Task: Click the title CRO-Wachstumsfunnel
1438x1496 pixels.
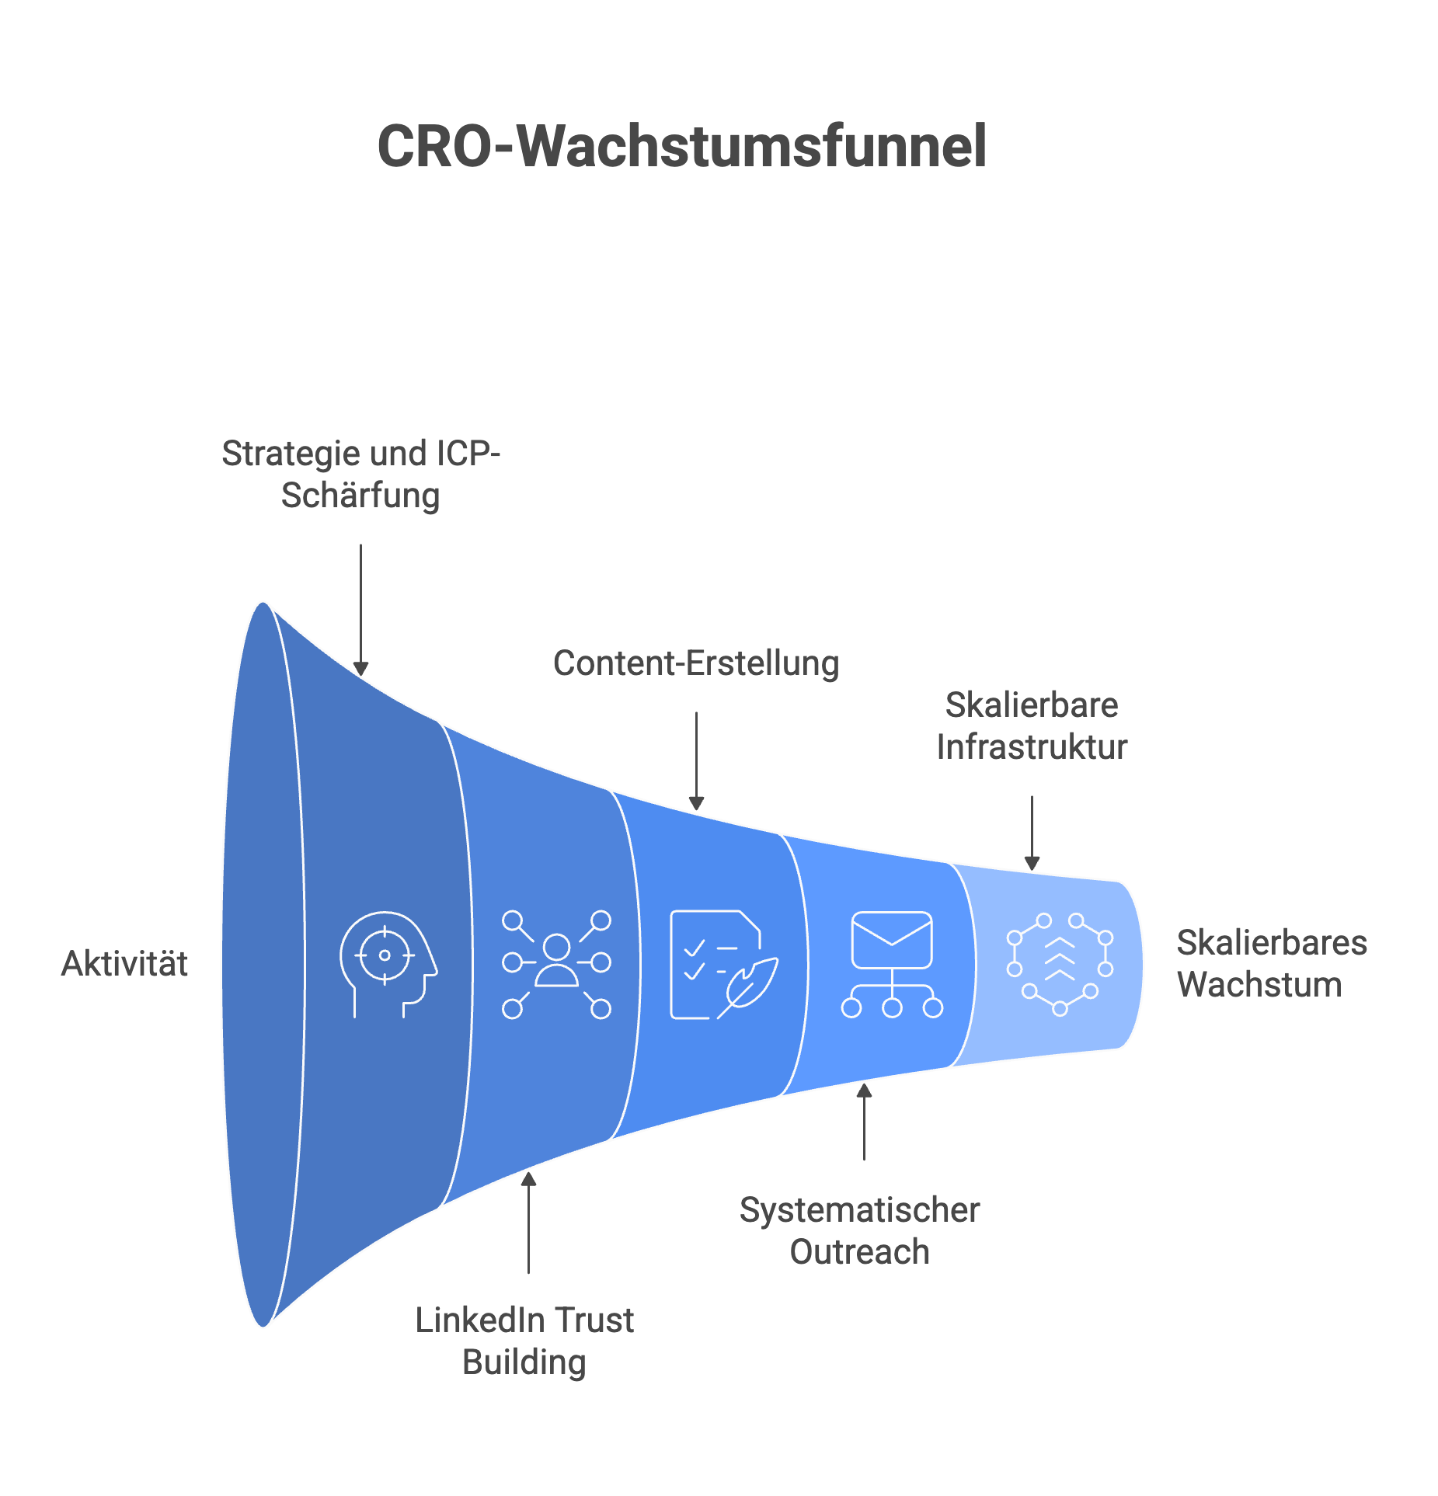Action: point(681,146)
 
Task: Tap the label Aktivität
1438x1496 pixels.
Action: point(124,964)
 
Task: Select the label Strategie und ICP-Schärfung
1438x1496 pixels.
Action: point(360,475)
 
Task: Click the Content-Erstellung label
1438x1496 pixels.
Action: point(696,663)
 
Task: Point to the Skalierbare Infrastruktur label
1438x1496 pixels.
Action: point(1032,726)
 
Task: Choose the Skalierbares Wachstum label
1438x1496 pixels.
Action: point(1271,963)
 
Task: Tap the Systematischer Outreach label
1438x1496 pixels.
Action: point(859,1230)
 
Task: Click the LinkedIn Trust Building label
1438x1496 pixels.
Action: point(524,1341)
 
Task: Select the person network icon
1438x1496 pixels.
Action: point(556,964)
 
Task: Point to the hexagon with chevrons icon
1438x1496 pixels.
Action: point(1060,964)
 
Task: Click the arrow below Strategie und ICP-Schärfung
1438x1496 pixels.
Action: point(360,610)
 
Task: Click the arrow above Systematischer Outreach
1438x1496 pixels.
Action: point(864,1122)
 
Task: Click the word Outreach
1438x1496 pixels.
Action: point(859,1251)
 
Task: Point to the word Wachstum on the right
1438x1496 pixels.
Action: point(1259,984)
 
